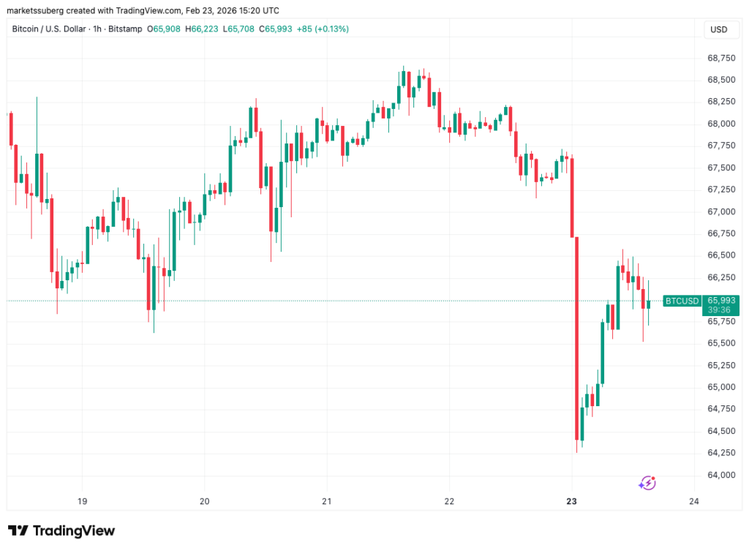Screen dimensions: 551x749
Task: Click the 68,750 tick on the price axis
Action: point(721,57)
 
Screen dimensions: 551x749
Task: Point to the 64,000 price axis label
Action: point(721,475)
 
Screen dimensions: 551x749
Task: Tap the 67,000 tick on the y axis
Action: point(721,211)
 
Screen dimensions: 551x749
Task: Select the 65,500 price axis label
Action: point(721,343)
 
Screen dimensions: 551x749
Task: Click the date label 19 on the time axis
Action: point(82,501)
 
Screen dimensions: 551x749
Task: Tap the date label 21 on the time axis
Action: point(327,501)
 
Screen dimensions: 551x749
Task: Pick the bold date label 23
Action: point(572,501)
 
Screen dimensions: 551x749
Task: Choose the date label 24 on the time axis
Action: point(694,501)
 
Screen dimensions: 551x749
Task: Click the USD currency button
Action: point(719,29)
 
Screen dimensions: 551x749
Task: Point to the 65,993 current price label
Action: point(721,300)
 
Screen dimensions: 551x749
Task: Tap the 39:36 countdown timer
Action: point(721,310)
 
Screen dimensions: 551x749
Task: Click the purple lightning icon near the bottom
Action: point(647,482)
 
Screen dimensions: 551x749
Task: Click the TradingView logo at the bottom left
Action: point(61,531)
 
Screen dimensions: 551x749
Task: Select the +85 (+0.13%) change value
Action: point(323,29)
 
